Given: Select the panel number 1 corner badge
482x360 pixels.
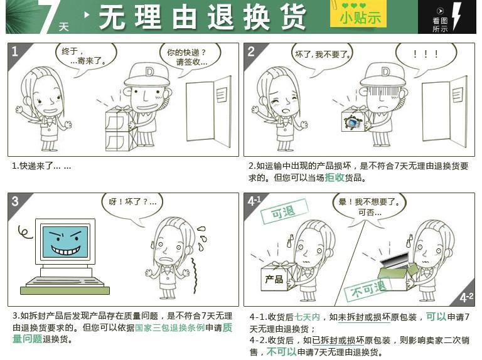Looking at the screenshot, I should pyautogui.click(x=15, y=51).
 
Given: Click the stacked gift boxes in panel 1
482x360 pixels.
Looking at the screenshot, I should pyautogui.click(x=120, y=128).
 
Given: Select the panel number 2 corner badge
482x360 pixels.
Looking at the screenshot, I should pyautogui.click(x=251, y=51).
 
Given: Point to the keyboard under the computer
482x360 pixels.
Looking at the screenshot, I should pyautogui.click(x=65, y=282).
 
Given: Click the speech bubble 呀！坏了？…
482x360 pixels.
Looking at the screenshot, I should pyautogui.click(x=132, y=203).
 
